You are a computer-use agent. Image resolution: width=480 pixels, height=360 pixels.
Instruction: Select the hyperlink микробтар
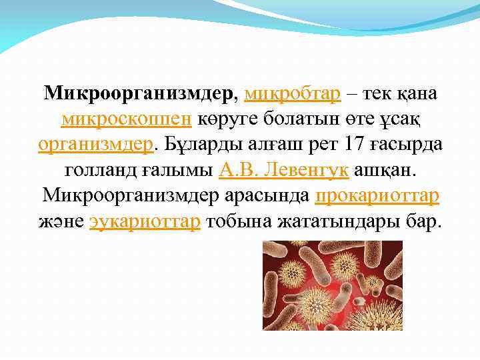pyautogui.click(x=293, y=93)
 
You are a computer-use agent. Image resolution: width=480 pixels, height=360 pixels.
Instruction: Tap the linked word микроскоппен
pyautogui.click(x=127, y=119)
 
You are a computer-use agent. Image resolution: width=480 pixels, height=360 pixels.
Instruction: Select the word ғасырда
pyautogui.click(x=405, y=144)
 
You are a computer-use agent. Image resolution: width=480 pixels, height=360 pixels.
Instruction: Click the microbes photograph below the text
pyautogui.click(x=323, y=285)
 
